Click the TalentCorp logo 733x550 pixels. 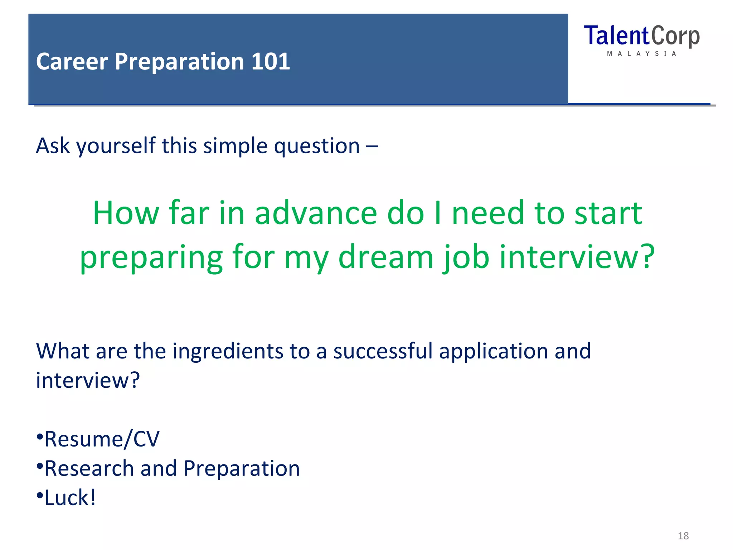[641, 36]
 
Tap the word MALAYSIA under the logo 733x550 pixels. [641, 54]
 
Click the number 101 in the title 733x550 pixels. [270, 62]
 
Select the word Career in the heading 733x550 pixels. [72, 62]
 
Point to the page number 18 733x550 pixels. [683, 536]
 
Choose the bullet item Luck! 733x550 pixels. [70, 498]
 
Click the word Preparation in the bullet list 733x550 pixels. [242, 469]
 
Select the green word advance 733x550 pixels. [316, 213]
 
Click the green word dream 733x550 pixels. [385, 257]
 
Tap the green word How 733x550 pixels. [126, 213]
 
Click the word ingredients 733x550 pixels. [228, 352]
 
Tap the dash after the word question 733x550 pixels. [372, 146]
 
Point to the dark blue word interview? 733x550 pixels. [88, 380]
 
